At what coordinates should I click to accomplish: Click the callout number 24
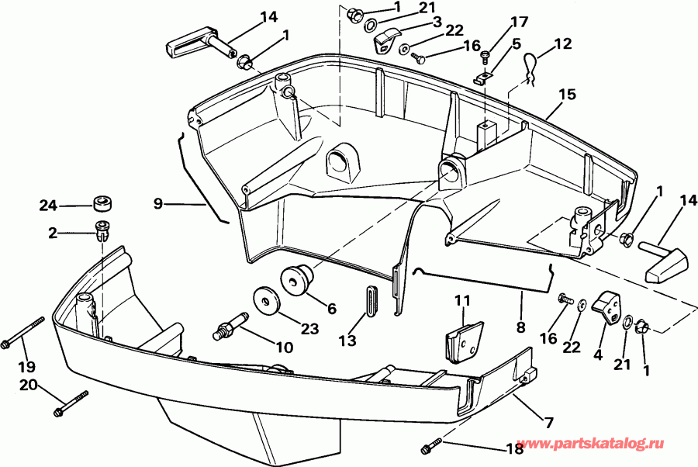tap(49, 206)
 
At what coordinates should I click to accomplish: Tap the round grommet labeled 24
tap(101, 204)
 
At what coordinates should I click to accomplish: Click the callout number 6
tap(331, 308)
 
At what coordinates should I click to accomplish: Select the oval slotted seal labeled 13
tap(370, 300)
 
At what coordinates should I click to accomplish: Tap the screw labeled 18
tap(430, 447)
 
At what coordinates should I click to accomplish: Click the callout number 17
tap(518, 22)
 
